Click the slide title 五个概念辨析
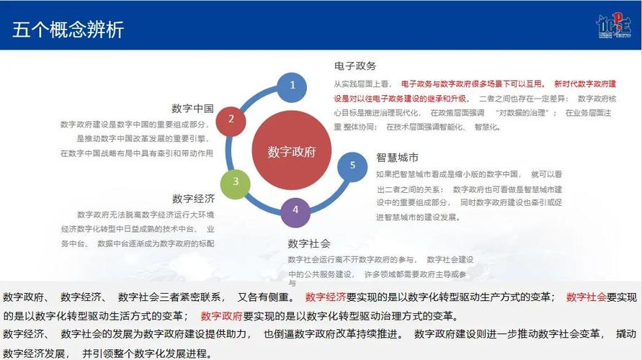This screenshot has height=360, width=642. (x=68, y=30)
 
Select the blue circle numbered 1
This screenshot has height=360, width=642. (x=293, y=85)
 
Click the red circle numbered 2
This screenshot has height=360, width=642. (x=231, y=119)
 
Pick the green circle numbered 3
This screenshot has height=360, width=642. (x=236, y=182)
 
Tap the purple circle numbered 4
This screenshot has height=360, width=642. (x=295, y=211)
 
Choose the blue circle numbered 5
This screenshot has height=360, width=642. (x=352, y=166)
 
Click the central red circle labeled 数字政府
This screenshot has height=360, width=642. (x=292, y=152)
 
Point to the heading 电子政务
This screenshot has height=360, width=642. (x=355, y=66)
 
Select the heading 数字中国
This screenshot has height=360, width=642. (x=192, y=108)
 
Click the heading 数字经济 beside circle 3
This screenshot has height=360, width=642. (x=193, y=199)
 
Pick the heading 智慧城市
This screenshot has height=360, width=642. (x=397, y=157)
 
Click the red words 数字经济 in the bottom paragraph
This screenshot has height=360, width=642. (x=326, y=297)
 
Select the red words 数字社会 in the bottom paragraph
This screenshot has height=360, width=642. (x=587, y=297)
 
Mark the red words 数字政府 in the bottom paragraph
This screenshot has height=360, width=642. (x=221, y=315)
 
